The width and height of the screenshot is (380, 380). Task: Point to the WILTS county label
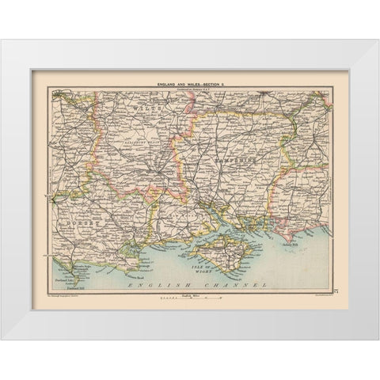tap(146, 104)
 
